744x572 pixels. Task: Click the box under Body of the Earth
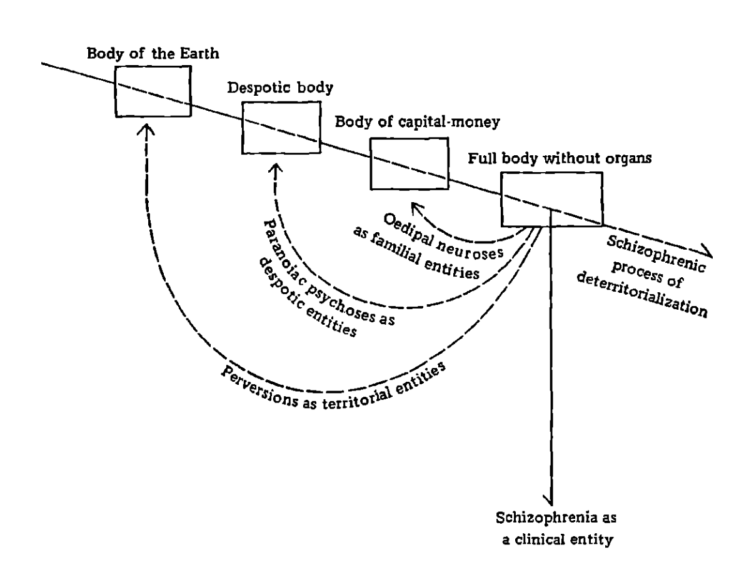click(x=153, y=90)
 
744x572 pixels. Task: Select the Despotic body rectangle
click(x=281, y=128)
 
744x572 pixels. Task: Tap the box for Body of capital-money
click(x=410, y=164)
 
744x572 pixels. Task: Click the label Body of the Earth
click(x=154, y=52)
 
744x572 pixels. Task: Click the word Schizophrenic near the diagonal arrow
click(x=648, y=251)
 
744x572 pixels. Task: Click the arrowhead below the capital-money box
click(x=413, y=206)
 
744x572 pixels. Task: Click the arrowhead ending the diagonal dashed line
click(x=706, y=252)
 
